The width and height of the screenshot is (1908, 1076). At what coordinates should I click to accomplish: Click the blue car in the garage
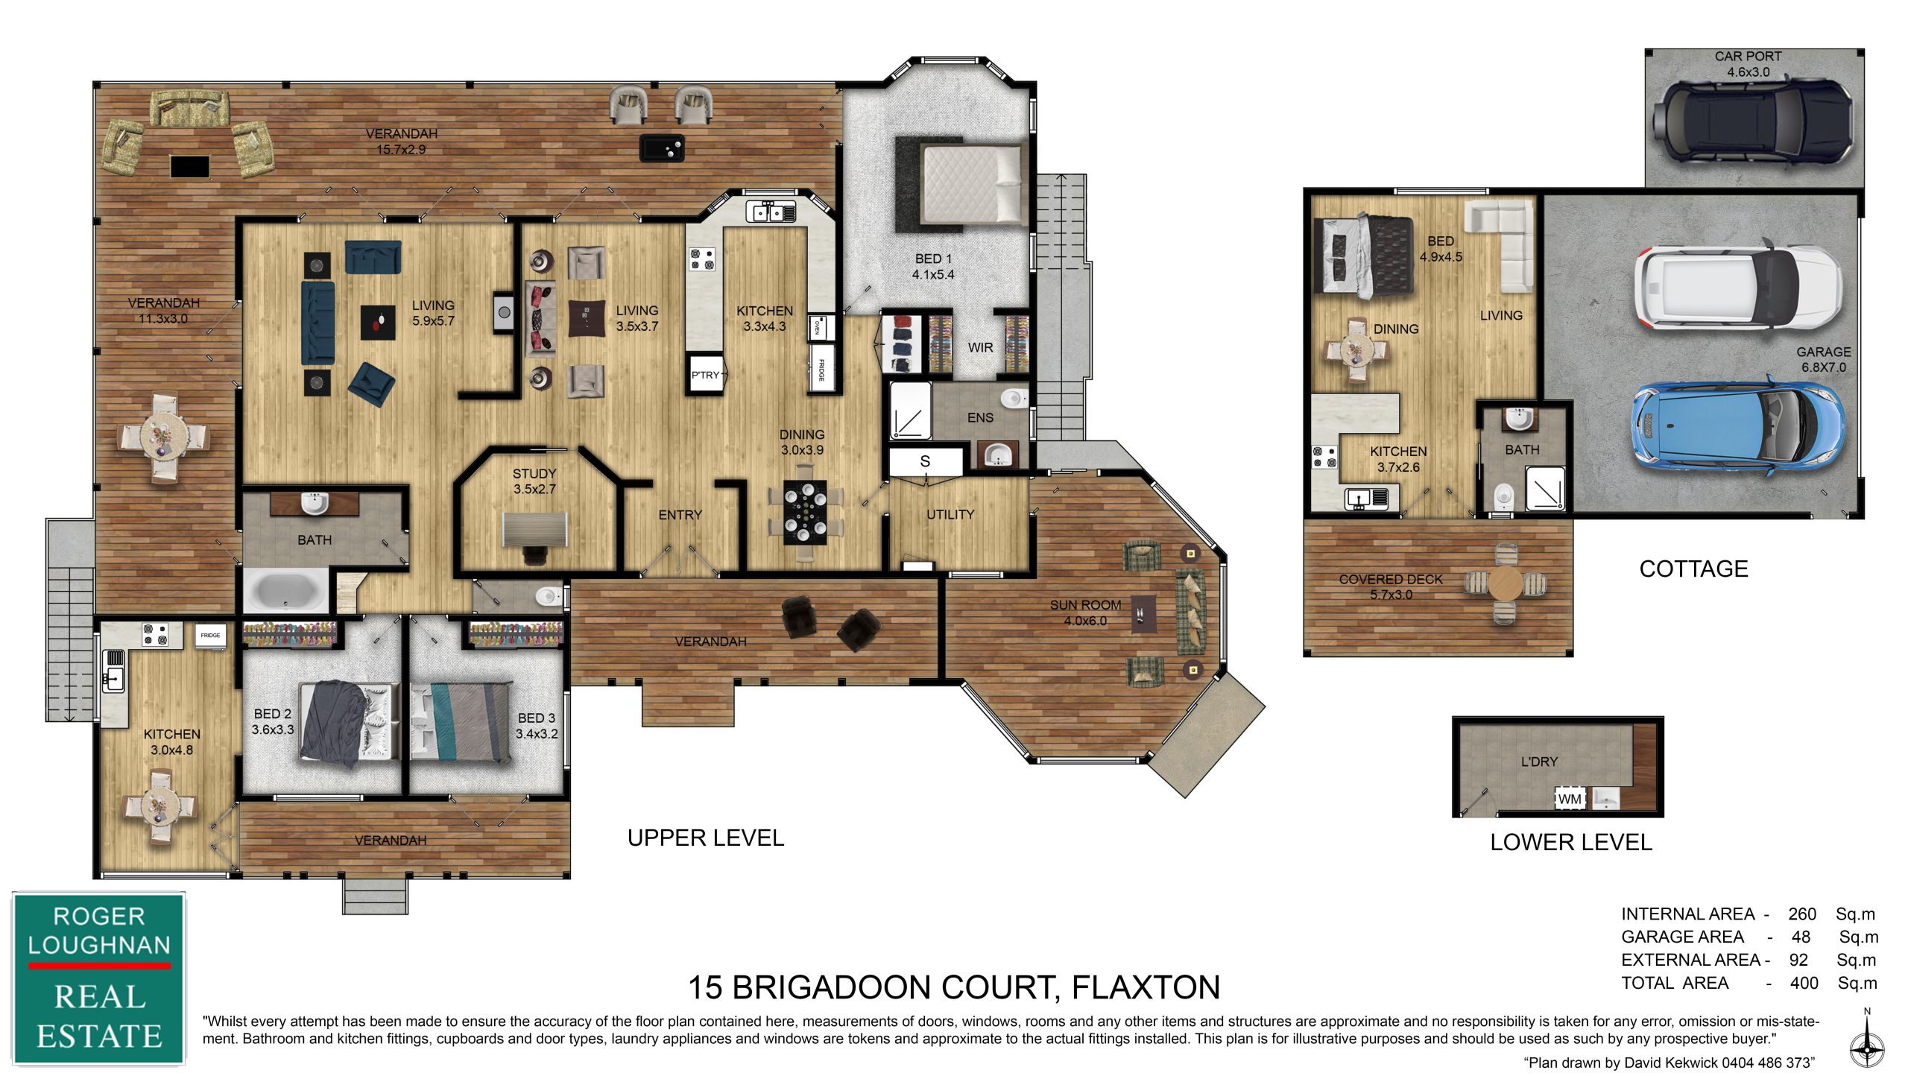point(1737,427)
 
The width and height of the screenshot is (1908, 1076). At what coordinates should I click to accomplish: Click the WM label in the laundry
point(1570,799)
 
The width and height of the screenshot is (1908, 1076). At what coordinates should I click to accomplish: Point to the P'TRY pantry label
point(705,375)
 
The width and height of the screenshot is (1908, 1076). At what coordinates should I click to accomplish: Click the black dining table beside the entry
point(805,513)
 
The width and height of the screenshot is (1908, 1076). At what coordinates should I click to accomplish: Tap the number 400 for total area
point(1804,984)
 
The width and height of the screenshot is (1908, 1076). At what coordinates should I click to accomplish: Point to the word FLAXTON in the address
point(1146,987)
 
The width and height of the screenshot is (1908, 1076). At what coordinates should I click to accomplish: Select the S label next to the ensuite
point(925,461)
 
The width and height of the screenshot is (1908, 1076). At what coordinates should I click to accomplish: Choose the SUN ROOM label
point(1085,605)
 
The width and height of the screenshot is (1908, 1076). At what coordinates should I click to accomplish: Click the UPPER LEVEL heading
point(706,838)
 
